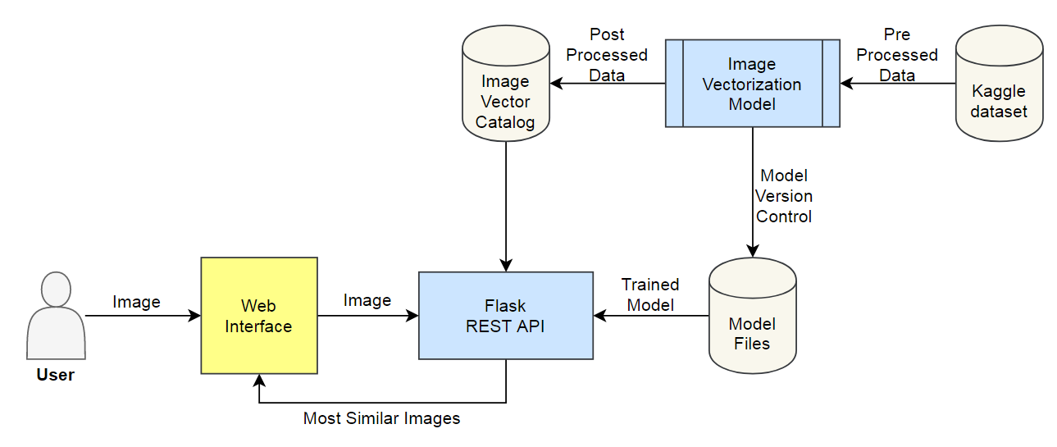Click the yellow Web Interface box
click(x=259, y=316)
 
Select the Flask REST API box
click(x=505, y=316)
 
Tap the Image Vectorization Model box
click(x=752, y=84)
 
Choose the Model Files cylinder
click(x=752, y=316)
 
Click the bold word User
click(x=56, y=376)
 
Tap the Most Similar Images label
click(x=381, y=419)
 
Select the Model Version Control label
click(x=784, y=196)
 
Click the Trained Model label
click(x=650, y=294)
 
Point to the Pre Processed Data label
click(x=897, y=55)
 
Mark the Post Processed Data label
click(x=607, y=55)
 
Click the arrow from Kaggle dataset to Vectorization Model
click(x=898, y=84)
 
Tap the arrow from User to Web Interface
click(x=143, y=316)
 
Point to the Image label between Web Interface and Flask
click(x=367, y=301)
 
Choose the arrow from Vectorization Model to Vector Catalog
click(x=607, y=84)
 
